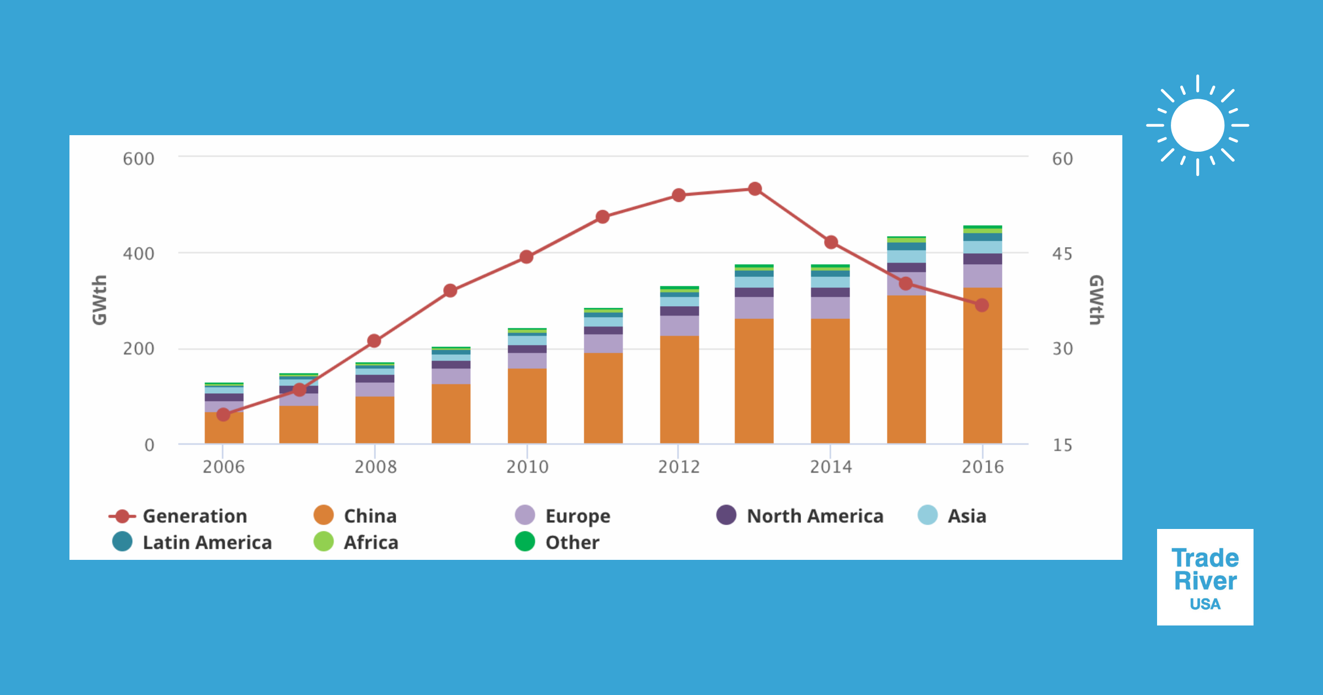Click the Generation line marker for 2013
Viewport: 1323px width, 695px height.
click(x=755, y=189)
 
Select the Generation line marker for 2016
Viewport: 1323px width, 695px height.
click(x=982, y=305)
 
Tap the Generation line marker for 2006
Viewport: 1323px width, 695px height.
click(x=223, y=414)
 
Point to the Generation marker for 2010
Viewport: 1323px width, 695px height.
click(x=526, y=257)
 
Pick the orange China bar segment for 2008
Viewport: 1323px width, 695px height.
click(x=375, y=420)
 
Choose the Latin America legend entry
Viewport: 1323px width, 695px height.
click(x=192, y=542)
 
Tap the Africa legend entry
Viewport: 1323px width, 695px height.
click(x=356, y=542)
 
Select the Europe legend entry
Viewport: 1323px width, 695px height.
click(x=563, y=516)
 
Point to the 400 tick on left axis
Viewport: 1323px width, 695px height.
click(x=138, y=254)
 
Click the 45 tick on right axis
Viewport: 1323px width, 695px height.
click(x=1062, y=254)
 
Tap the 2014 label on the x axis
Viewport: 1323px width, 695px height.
click(x=831, y=467)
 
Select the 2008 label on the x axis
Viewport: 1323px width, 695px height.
click(x=375, y=467)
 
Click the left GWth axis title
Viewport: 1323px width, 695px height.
click(x=99, y=300)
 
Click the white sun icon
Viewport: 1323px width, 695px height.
click(x=1197, y=125)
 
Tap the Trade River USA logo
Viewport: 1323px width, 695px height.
click(x=1205, y=577)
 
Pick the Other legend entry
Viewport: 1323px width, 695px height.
click(x=557, y=542)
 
